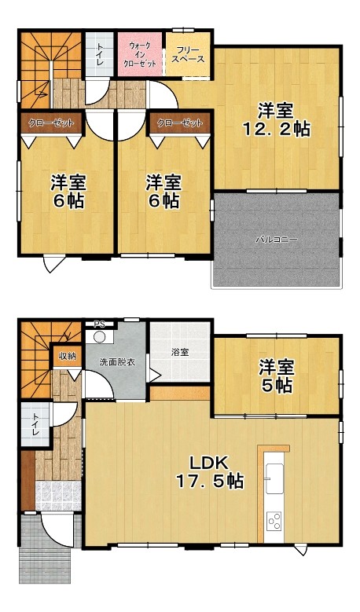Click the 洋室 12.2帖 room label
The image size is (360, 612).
point(276,119)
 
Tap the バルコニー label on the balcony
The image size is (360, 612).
point(276,239)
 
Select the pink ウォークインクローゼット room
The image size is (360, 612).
point(140,54)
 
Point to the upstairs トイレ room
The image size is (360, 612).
point(100,54)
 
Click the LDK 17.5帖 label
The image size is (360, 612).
point(209,472)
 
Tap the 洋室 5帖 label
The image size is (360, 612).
point(277,376)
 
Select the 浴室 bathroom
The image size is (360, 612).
point(180,352)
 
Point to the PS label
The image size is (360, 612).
point(100,324)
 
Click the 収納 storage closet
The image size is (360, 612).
point(67,357)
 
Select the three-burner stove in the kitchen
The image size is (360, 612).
point(274,521)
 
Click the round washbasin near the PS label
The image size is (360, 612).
point(100,336)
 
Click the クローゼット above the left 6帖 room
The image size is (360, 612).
point(51,123)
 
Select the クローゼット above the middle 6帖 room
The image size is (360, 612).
point(180,123)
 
